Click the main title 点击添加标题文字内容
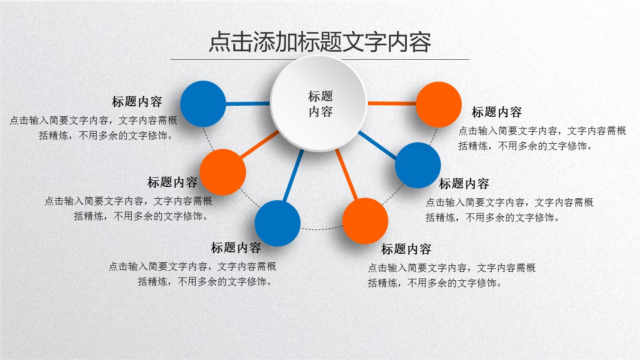tap(320, 42)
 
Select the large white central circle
tap(319, 103)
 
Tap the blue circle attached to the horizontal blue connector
tap(203, 104)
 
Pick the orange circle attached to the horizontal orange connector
tap(439, 104)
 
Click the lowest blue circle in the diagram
tap(277, 223)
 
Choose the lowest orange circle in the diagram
tap(365, 221)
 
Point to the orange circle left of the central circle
tap(222, 172)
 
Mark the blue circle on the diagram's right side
tap(418, 165)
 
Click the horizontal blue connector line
tap(248, 103)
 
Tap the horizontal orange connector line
tap(392, 103)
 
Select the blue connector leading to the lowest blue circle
tap(293, 175)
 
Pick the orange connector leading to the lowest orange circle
tap(347, 175)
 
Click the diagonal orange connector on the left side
tap(259, 144)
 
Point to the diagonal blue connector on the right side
tap(377, 145)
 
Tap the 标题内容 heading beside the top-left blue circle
tap(137, 102)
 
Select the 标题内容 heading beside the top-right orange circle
tap(496, 112)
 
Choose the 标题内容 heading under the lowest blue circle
tap(236, 248)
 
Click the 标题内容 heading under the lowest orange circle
tap(406, 249)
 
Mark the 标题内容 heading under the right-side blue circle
tap(464, 184)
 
